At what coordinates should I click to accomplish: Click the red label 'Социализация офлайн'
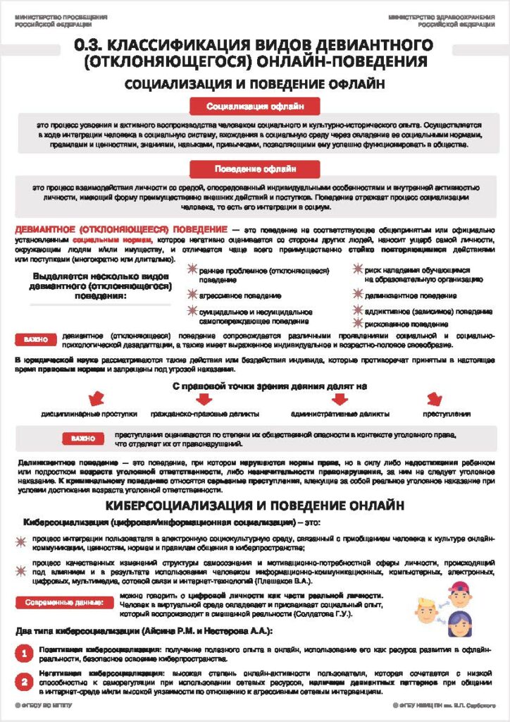click(255, 106)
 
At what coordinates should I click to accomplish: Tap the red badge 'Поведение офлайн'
click(255, 169)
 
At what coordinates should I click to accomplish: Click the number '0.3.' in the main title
click(93, 47)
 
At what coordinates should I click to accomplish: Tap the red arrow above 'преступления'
click(435, 399)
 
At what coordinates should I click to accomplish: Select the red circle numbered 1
click(24, 654)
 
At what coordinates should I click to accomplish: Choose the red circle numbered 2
click(24, 683)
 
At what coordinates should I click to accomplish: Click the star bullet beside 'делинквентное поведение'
click(358, 295)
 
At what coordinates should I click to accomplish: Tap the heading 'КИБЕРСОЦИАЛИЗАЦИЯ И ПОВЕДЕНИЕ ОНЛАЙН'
click(255, 506)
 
